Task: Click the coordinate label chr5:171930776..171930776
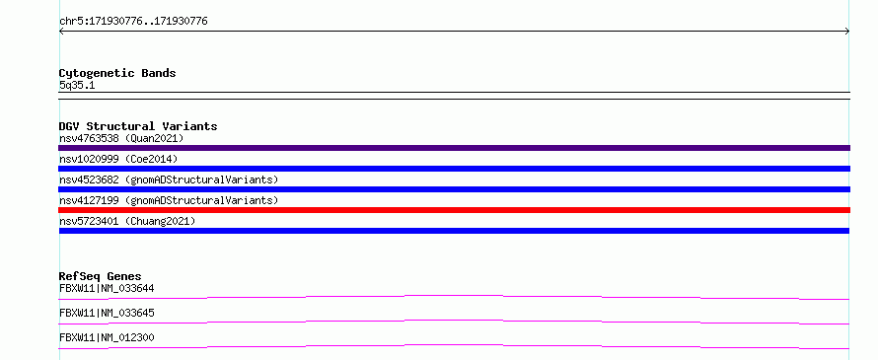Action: point(133,22)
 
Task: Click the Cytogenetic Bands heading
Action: point(117,73)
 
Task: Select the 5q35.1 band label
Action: point(77,86)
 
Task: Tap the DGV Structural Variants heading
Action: point(138,126)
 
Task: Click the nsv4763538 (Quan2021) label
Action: point(121,138)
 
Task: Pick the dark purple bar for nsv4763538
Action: point(454,148)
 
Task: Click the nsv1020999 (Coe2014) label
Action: point(118,159)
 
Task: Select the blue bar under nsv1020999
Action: point(454,169)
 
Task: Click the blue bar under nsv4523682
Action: point(454,189)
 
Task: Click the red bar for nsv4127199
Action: point(454,210)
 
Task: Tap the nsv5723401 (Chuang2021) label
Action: point(127,221)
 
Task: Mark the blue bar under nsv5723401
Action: point(454,231)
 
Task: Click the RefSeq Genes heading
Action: point(101,276)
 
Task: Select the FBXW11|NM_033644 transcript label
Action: point(107,289)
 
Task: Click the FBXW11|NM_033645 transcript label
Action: point(107,313)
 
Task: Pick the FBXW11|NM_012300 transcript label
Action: point(107,337)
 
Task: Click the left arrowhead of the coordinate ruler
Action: point(60,32)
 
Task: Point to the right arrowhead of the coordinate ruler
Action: point(847,32)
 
